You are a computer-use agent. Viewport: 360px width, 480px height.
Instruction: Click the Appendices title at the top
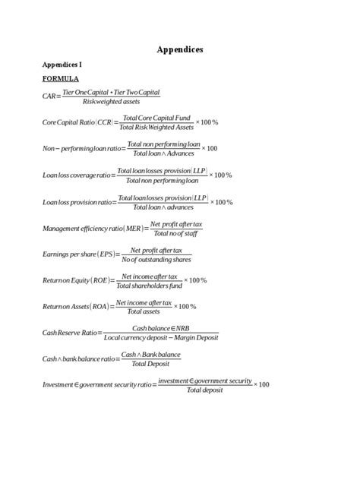click(x=179, y=50)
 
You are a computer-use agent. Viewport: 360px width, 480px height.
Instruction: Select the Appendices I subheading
click(x=62, y=65)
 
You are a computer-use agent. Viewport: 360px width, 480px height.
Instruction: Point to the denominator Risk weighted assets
click(x=111, y=101)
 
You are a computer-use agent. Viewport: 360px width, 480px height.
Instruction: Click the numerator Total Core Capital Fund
click(x=156, y=118)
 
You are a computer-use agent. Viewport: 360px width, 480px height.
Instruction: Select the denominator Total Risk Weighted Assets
click(x=156, y=127)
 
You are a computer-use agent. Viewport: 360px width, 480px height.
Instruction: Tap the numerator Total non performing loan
click(x=163, y=144)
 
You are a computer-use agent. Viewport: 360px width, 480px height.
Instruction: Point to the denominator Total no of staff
click(x=175, y=233)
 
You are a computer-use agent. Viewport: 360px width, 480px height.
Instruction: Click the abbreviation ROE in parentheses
click(x=101, y=281)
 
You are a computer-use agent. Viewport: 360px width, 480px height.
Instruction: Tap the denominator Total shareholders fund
click(x=150, y=286)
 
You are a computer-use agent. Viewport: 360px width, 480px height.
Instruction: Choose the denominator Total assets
click(x=142, y=311)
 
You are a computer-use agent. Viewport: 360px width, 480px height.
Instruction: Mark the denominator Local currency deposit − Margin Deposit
click(x=155, y=337)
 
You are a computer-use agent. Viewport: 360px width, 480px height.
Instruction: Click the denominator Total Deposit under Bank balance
click(x=150, y=364)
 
